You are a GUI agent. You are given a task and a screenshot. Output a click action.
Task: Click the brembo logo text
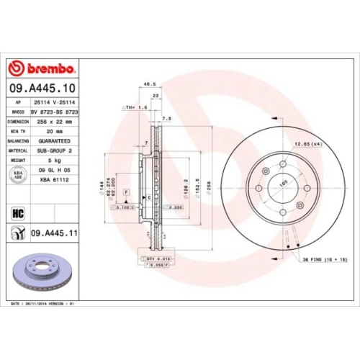47,68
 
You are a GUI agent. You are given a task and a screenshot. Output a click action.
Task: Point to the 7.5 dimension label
167,117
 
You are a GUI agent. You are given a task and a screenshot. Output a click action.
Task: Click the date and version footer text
43,304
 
